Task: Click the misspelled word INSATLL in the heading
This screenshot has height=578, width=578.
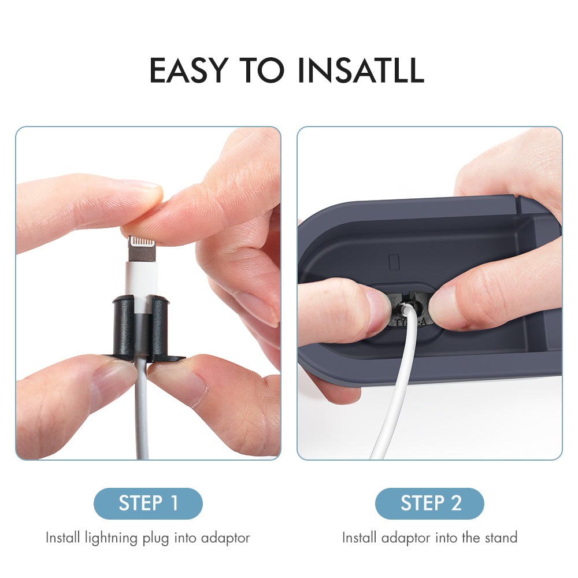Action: point(361,70)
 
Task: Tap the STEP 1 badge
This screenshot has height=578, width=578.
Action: point(148,503)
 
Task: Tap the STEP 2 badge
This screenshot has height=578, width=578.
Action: point(429,503)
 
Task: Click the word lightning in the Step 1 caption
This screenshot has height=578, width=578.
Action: point(112,538)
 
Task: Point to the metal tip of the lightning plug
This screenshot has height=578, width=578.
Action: point(142,249)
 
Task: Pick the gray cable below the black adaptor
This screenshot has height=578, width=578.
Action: point(142,409)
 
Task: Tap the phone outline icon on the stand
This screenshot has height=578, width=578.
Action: point(394,262)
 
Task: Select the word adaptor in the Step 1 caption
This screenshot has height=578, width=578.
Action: point(225,538)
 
